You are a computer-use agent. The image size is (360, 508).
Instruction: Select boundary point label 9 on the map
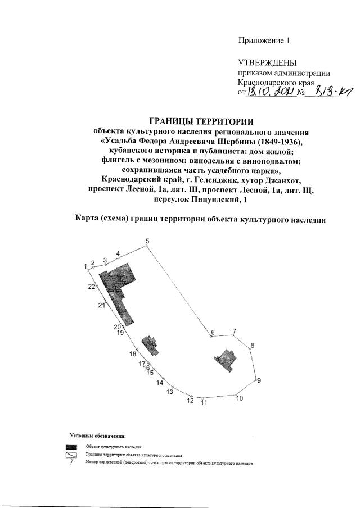pos(259,380)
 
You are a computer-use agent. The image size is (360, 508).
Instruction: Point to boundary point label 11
pos(204,402)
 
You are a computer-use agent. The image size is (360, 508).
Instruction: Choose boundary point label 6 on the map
pos(213,333)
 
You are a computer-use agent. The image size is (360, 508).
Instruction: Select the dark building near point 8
pos(228,358)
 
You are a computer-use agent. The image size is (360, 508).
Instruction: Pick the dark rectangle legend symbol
pos(71,446)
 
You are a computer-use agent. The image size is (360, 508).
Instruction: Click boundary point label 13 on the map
pos(170,392)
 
